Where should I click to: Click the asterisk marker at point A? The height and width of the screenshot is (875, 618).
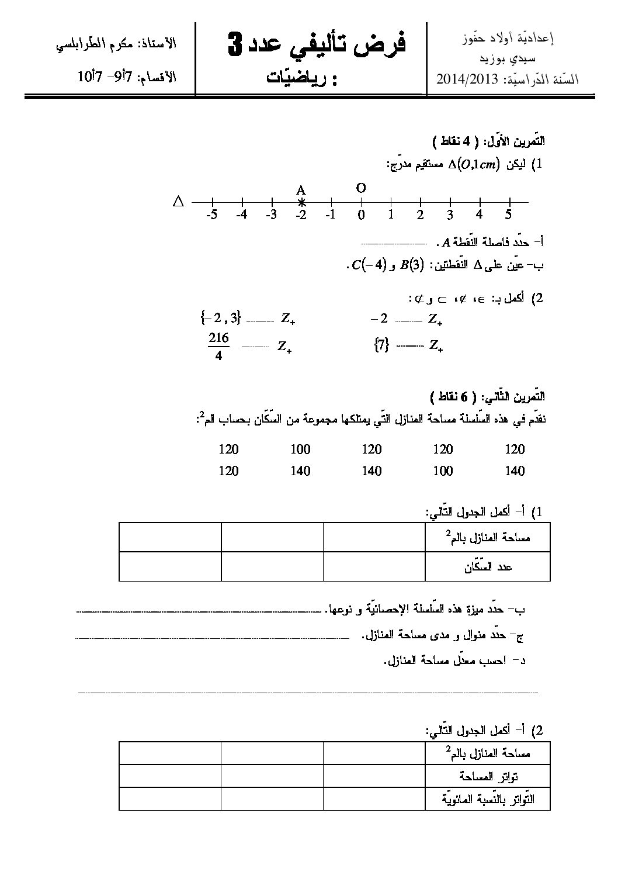(301, 202)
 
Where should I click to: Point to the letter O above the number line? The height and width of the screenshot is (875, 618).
(361, 188)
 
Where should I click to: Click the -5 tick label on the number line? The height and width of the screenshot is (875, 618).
(212, 215)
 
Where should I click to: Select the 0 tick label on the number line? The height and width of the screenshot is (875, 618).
(362, 215)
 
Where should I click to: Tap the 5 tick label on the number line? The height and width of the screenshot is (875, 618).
(509, 215)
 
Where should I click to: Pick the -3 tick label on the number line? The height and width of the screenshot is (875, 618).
(270, 215)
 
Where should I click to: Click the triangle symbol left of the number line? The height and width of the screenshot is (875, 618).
(179, 202)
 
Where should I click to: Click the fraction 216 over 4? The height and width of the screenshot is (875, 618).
(218, 347)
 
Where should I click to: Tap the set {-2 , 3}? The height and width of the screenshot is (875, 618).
(220, 319)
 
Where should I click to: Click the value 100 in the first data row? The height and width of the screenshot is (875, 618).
(300, 449)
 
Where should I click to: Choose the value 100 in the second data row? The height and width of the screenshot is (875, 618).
(443, 471)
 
